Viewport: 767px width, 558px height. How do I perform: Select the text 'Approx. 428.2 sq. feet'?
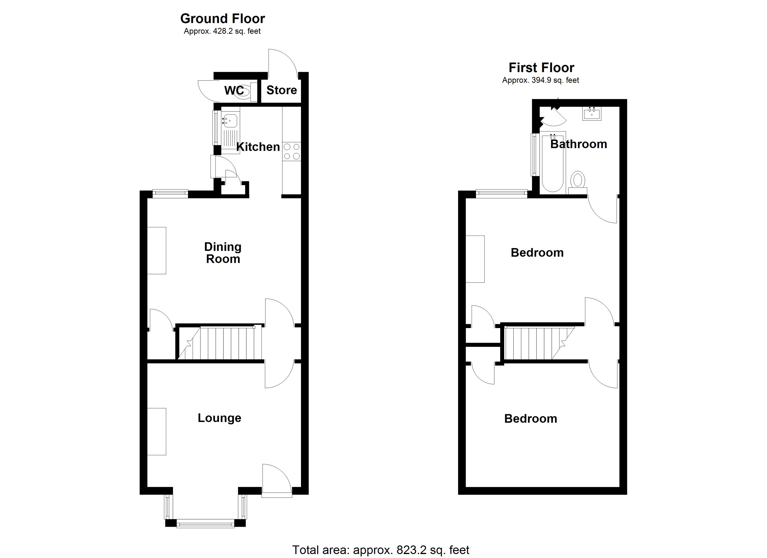(x=222, y=31)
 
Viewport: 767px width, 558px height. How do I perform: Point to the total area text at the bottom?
(x=380, y=550)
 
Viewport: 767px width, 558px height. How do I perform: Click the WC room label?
(x=234, y=90)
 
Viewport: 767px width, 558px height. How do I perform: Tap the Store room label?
(x=281, y=90)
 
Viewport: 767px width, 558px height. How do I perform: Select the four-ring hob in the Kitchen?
(x=291, y=151)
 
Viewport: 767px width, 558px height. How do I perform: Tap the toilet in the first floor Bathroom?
(x=578, y=180)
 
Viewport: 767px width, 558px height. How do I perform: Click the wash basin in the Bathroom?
(x=592, y=113)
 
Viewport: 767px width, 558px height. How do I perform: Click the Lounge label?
(x=219, y=418)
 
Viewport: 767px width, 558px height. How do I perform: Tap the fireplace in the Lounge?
(x=157, y=432)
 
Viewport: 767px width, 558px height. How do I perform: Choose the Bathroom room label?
(x=578, y=144)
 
